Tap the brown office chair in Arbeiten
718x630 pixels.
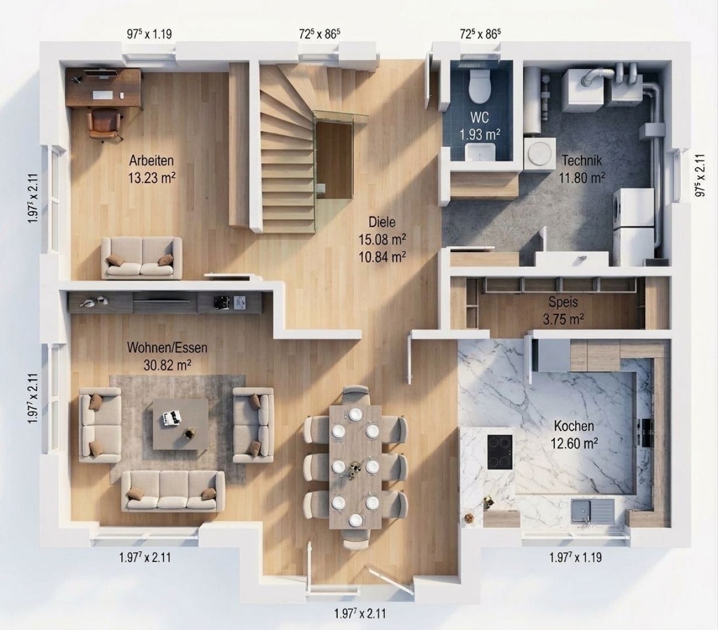(x=104, y=124)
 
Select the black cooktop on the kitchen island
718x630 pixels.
(x=500, y=452)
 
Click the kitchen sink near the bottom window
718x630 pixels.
(x=593, y=510)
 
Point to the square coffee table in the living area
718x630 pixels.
(x=180, y=424)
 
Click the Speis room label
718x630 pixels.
(x=563, y=302)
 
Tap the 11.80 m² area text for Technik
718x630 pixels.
(x=582, y=177)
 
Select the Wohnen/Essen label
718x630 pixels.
(x=167, y=348)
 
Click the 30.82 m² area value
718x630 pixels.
(x=167, y=365)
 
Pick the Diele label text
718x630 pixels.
(x=382, y=222)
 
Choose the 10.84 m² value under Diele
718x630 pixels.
(x=382, y=257)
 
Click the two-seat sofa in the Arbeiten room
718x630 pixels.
(x=142, y=258)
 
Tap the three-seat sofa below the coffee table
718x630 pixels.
(x=173, y=491)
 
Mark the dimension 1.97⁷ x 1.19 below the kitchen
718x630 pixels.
(x=576, y=558)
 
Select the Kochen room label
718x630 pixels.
(x=574, y=426)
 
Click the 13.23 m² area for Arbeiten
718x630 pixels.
(x=152, y=177)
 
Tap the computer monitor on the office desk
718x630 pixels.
(x=101, y=73)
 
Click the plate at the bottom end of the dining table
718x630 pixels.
(x=355, y=520)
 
